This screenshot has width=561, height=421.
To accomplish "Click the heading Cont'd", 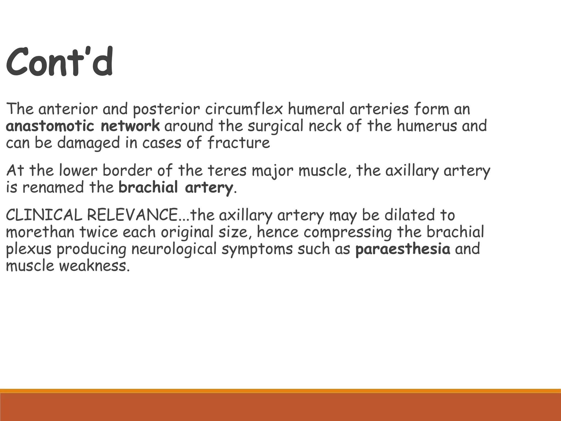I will pos(59,62).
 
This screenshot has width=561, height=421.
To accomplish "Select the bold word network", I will pos(130,126).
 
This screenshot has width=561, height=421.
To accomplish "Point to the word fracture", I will pos(239,143).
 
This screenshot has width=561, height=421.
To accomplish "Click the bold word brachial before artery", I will pos(148,188).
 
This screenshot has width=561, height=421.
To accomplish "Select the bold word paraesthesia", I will pos(403,249).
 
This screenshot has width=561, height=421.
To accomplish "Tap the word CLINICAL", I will pos(44,215).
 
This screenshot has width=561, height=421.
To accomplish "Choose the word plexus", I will pos(29,249).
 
